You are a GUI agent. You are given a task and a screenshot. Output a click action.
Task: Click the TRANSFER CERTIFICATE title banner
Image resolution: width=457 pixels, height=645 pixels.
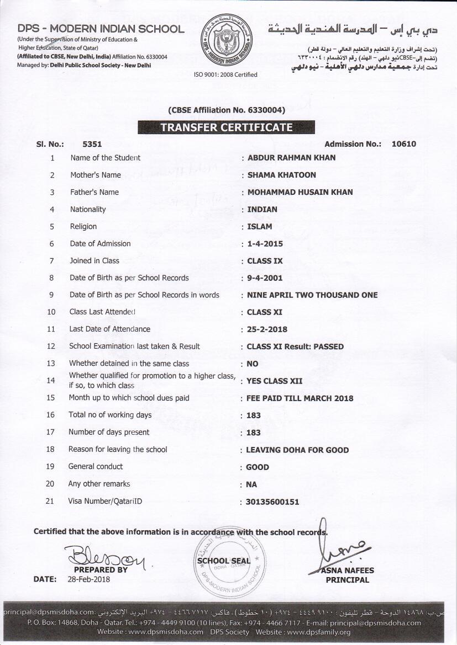point(226,127)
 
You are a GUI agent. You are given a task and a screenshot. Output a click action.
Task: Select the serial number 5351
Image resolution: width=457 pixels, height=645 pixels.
point(92,144)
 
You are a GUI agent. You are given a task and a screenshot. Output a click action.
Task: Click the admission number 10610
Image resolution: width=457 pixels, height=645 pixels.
point(403,144)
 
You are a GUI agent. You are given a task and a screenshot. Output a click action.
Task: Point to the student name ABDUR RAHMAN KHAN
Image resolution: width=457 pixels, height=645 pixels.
point(291,158)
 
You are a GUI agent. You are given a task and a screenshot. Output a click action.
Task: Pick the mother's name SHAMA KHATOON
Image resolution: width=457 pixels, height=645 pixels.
point(281,175)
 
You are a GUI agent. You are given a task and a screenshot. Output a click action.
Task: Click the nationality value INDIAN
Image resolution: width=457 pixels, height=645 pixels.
point(262,209)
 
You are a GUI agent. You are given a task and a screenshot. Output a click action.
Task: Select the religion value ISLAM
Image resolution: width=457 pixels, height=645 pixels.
point(259,226)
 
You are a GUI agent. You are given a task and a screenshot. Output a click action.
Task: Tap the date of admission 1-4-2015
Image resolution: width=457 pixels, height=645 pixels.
point(265,243)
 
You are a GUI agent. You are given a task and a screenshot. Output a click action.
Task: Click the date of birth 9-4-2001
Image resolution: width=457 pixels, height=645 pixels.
point(265,278)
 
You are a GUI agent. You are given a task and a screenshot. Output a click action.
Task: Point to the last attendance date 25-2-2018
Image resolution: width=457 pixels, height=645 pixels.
point(267,329)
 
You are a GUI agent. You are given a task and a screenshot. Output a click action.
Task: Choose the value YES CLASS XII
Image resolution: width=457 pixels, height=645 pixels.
point(274,381)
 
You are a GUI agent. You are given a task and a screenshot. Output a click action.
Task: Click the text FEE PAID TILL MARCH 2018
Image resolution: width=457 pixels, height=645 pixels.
point(300,398)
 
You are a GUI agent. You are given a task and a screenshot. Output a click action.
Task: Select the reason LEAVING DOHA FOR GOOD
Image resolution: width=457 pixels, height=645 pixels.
point(297,450)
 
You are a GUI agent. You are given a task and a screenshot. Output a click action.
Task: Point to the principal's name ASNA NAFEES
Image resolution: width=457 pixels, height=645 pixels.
point(347,571)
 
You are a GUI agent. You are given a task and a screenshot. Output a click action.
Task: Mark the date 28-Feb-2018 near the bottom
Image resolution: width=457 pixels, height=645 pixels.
point(90,579)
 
